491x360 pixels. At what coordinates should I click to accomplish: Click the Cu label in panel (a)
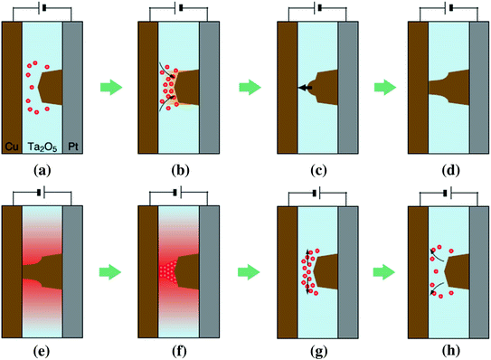(x=13, y=144)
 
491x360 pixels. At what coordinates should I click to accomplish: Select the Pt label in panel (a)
(x=73, y=144)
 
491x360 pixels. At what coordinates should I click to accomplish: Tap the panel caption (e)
(x=42, y=351)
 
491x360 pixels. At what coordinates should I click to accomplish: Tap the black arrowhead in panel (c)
(x=301, y=88)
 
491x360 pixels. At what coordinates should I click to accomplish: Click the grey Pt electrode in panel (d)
(x=481, y=88)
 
